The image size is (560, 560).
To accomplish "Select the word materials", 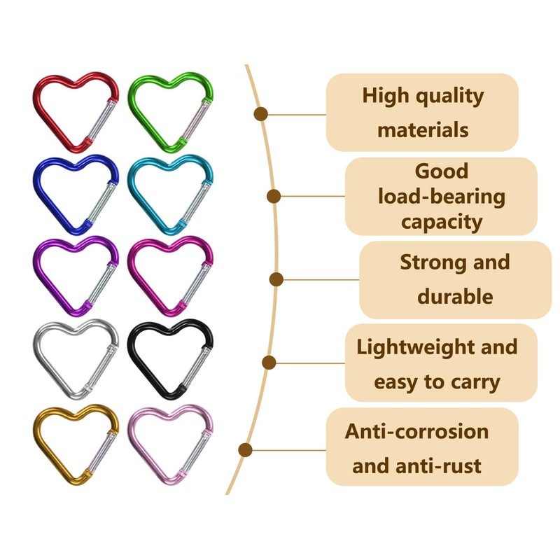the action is click(x=423, y=129).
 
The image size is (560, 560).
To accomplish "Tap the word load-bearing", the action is click(x=441, y=197).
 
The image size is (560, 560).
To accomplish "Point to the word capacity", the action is click(x=441, y=222).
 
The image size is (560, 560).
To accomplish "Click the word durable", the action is click(x=455, y=296).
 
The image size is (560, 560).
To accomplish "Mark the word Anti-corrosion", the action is click(x=416, y=430).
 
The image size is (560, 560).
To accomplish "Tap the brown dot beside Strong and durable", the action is click(x=276, y=279).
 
